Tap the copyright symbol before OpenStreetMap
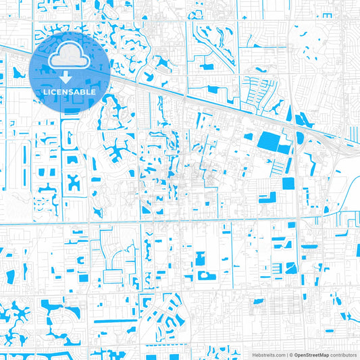click(x=290, y=354)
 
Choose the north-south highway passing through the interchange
click(x=295, y=189)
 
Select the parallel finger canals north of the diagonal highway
click(x=259, y=88)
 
